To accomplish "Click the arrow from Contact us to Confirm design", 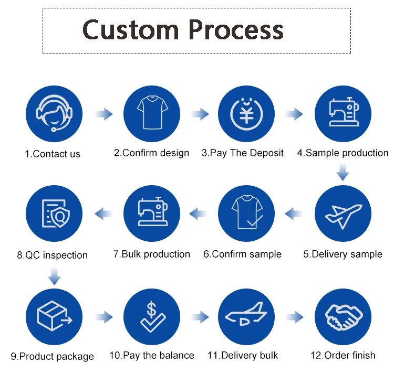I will tap(103, 114).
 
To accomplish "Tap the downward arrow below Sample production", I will tap(343, 172).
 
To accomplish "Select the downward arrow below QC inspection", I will tap(54, 275).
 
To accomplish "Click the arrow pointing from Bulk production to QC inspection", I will tap(103, 213).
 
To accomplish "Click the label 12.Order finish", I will tap(343, 355).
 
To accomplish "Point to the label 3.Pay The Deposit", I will tap(243, 153).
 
